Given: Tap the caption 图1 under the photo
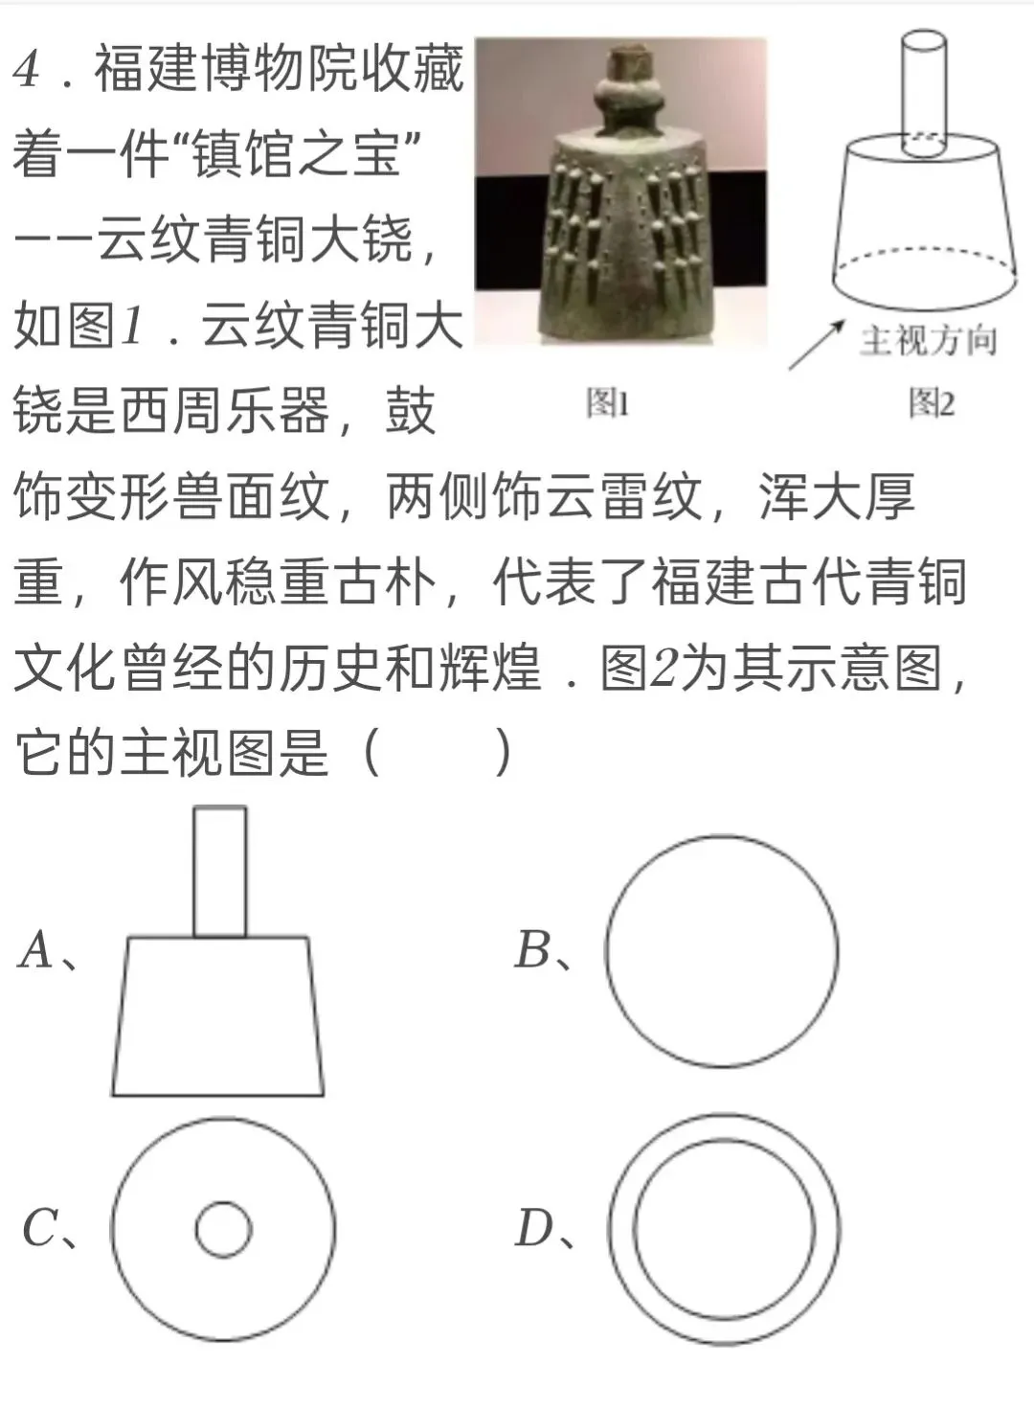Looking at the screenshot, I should [608, 402].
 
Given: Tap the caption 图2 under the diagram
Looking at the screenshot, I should [932, 402].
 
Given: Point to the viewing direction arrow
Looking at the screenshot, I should [814, 347].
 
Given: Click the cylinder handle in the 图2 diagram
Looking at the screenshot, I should [925, 86].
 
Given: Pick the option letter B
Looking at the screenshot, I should [533, 950].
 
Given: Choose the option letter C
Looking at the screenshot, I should [40, 1228].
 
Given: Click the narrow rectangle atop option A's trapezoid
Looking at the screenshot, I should [220, 872].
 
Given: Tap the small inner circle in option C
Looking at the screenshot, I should [223, 1229].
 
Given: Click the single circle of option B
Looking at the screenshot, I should [722, 951].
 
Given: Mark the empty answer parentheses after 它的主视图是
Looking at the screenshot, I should [438, 752].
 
